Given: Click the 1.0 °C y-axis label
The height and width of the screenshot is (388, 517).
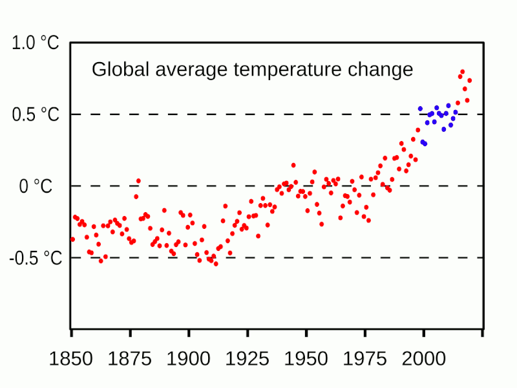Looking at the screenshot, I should (x=36, y=44).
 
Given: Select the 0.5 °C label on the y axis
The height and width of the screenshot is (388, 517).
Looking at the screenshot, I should (x=36, y=115).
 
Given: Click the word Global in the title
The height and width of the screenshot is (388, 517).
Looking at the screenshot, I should (x=116, y=69).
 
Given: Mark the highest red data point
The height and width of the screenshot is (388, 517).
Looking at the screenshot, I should (x=462, y=72).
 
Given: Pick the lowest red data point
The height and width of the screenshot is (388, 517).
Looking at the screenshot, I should (x=216, y=264).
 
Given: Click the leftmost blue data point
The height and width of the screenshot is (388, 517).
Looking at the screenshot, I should (x=420, y=109).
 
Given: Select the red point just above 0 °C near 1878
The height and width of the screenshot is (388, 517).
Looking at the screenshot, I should (x=138, y=181).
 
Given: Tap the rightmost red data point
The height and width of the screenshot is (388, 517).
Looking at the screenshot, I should (x=469, y=81).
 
